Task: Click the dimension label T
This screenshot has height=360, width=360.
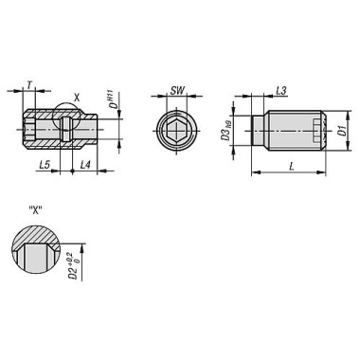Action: [30, 84]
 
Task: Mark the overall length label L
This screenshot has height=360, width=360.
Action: [291, 166]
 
